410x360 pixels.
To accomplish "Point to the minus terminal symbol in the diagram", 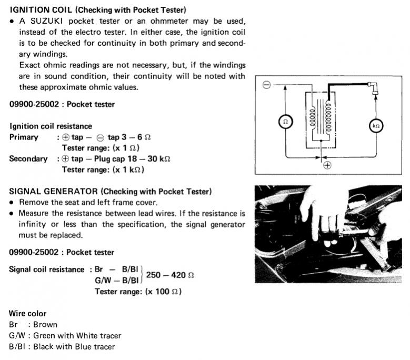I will [x=267, y=85].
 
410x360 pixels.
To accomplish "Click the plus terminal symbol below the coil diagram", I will [x=327, y=165].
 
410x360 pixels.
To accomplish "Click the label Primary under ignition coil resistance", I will [x=24, y=137].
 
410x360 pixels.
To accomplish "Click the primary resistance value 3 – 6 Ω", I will [x=139, y=137].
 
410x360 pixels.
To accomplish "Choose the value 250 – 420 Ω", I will [x=170, y=275].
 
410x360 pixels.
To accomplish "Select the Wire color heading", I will [x=28, y=314].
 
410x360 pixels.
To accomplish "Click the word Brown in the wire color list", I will [x=45, y=325].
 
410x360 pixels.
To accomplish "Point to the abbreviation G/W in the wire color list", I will [x=17, y=336].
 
